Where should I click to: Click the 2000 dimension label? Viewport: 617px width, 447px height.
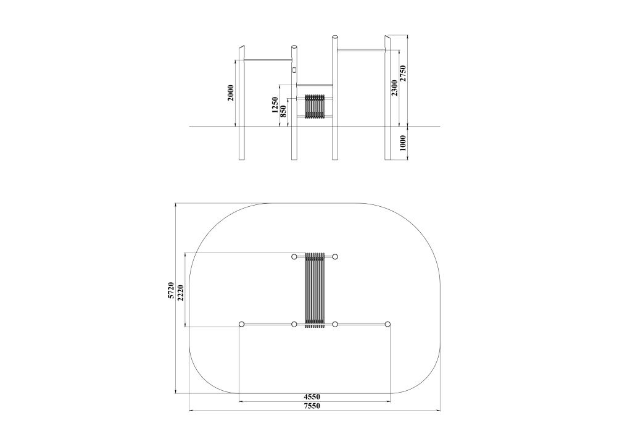click(231, 93)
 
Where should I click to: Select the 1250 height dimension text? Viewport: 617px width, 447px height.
click(275, 105)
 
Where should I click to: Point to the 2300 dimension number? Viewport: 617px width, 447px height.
click(394, 88)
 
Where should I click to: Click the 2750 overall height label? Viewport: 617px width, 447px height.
click(402, 73)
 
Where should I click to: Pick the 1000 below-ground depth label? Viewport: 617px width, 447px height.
click(402, 143)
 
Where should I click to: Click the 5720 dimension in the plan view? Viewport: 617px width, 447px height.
click(171, 290)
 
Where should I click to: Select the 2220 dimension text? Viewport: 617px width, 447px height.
click(180, 293)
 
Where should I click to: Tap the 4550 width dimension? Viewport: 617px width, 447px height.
click(312, 397)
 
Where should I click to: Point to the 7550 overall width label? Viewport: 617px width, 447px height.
click(312, 406)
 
